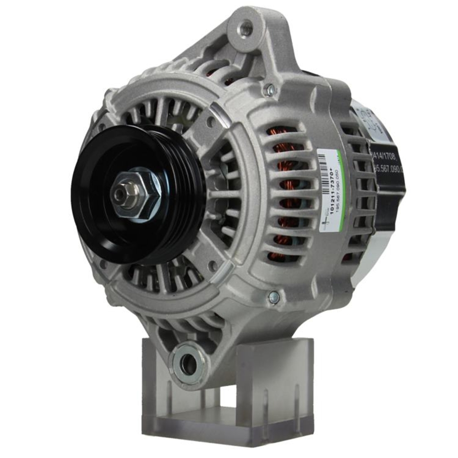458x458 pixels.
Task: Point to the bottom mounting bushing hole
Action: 188,363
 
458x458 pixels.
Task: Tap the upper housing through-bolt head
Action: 271,90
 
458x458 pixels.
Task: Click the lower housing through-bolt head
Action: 273,297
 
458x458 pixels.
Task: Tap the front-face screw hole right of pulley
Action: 211,122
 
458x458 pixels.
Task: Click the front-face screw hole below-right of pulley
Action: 212,265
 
